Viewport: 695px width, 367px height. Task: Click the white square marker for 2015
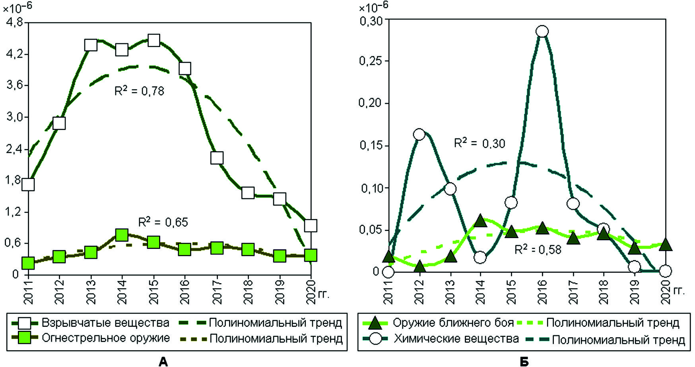tap(154, 40)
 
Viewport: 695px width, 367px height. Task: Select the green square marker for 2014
tap(122, 235)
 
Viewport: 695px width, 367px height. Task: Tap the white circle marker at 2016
tap(542, 31)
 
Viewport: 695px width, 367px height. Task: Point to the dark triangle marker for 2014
tap(480, 221)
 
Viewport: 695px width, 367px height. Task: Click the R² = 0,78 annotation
tap(139, 91)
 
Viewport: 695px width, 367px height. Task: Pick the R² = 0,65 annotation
tap(163, 222)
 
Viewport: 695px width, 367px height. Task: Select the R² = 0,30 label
tap(480, 143)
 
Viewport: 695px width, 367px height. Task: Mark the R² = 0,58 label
tap(538, 250)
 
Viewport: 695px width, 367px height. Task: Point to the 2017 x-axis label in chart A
tap(217, 291)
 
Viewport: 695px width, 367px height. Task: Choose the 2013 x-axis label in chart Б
tap(450, 291)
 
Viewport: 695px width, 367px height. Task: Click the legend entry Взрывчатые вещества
tap(105, 322)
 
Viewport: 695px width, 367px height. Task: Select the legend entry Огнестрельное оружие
tap(106, 338)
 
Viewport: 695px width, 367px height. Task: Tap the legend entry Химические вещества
tap(456, 339)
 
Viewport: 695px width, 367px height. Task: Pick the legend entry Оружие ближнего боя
tap(453, 322)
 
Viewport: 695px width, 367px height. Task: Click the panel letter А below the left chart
tap(163, 361)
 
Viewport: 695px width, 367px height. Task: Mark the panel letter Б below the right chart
tap(524, 361)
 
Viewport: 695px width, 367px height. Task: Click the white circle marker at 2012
tap(419, 134)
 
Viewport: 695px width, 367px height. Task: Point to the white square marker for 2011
tap(28, 184)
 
